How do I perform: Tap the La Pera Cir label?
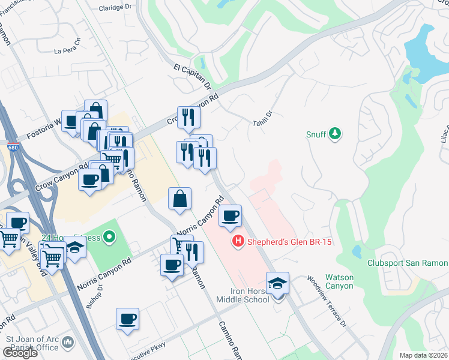click(67, 50)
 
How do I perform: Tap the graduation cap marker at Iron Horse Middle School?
click(277, 283)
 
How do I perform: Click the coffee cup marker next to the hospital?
click(229, 216)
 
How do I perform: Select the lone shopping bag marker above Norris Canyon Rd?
click(180, 199)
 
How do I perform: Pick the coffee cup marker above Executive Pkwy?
click(127, 319)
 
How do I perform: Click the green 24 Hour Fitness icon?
click(109, 238)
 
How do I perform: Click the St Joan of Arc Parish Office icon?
click(67, 343)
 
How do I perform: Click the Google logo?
click(20, 353)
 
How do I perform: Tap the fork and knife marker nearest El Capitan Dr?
click(188, 117)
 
